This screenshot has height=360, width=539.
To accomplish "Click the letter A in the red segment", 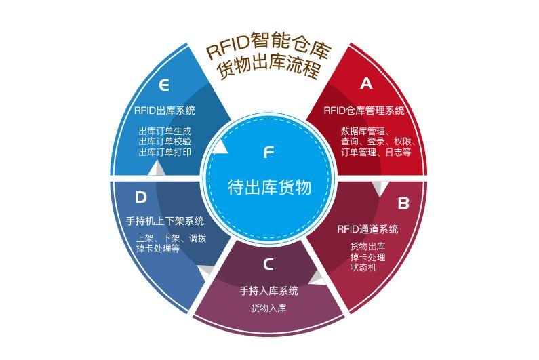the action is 366,83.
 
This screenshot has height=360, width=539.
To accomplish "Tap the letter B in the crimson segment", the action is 403,203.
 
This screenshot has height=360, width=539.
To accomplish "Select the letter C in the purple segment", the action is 268,264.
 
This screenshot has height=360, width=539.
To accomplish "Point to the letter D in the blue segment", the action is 140,197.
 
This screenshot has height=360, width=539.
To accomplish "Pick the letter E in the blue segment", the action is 164,85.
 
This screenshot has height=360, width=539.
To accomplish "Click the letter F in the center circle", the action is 268,153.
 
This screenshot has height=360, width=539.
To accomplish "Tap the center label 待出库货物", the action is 269,188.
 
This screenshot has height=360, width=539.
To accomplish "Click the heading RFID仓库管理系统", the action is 364,111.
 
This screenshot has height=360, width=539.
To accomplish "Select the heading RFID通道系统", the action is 367,229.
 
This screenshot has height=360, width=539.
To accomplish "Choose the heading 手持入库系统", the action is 268,291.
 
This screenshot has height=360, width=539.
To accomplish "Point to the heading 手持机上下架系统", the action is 165,221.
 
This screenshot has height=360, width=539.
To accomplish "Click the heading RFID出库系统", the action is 165,111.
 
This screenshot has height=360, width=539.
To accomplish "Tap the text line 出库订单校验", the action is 165,141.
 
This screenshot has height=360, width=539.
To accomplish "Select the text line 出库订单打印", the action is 165,152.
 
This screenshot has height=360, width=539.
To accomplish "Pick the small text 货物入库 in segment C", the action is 268,308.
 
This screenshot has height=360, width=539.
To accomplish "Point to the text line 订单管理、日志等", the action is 376,152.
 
